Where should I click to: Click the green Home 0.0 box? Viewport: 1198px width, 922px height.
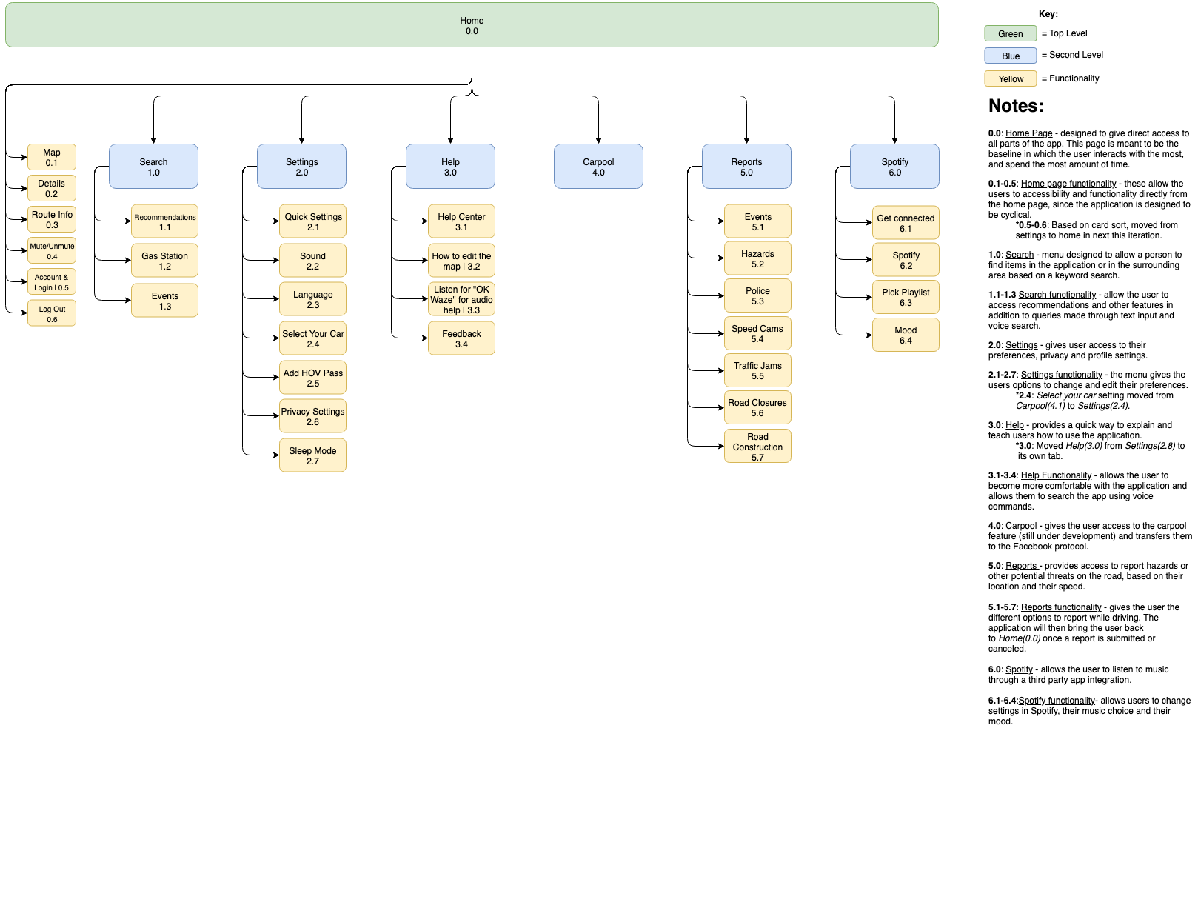click(x=472, y=25)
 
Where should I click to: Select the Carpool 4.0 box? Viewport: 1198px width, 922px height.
click(x=598, y=167)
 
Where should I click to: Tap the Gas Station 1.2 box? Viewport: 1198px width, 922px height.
click(x=164, y=261)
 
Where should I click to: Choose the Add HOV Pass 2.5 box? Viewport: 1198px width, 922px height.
click(x=312, y=378)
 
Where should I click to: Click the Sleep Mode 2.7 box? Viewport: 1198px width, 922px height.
click(x=312, y=455)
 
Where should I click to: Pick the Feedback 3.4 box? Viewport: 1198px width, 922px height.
click(x=461, y=338)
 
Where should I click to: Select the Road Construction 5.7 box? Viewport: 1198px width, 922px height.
click(x=757, y=447)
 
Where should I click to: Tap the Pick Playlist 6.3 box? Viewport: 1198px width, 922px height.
click(x=906, y=297)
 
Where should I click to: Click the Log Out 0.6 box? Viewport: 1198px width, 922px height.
click(x=52, y=314)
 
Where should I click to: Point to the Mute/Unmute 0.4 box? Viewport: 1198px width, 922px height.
click(x=52, y=251)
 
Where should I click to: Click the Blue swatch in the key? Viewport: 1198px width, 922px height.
click(x=1010, y=56)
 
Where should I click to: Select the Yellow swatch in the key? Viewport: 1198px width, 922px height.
click(x=1010, y=78)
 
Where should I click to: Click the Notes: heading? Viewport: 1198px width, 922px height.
click(x=1016, y=106)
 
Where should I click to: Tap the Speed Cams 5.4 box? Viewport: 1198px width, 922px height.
click(x=757, y=333)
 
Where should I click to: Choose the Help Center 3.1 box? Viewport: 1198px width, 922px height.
click(x=461, y=221)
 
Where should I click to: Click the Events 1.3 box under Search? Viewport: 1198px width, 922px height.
click(x=164, y=301)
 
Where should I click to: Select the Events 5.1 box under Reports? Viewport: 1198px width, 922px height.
click(x=757, y=221)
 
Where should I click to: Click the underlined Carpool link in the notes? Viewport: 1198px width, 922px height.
click(x=1021, y=526)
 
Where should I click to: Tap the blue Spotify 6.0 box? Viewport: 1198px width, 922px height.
click(x=894, y=167)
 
